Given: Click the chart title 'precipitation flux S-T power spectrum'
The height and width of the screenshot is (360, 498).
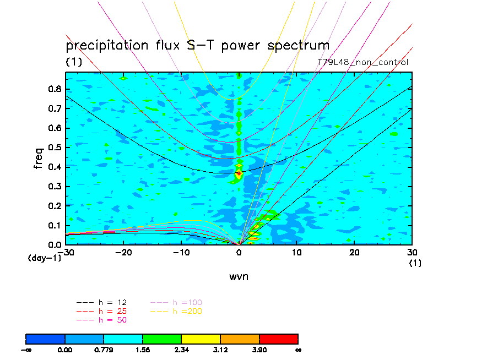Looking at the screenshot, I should click(197, 46).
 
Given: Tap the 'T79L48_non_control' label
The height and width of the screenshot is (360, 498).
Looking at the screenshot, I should click(363, 62).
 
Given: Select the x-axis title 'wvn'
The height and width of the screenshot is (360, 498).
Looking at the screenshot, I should click(239, 276).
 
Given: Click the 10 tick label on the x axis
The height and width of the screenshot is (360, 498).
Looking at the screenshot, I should click(296, 252).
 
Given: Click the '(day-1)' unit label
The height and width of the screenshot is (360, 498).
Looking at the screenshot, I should click(44, 258).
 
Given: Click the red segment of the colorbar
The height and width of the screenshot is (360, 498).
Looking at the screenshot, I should click(278, 339).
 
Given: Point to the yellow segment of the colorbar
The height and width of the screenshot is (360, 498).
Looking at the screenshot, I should click(201, 339).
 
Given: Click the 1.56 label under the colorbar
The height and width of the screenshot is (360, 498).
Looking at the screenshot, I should click(143, 349).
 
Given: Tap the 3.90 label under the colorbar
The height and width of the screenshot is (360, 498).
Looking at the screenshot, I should click(259, 349).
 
